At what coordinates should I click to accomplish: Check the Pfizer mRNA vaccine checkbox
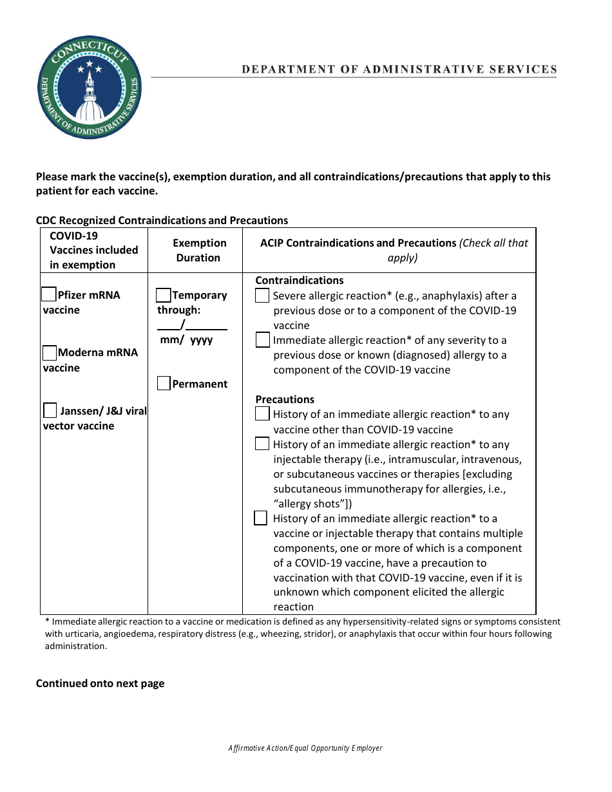point(49,294)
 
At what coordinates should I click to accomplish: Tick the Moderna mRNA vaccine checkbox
point(50,352)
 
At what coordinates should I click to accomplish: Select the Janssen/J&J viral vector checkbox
point(50,410)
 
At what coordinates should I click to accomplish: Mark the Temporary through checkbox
point(164,295)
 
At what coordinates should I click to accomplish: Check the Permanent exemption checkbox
point(164,384)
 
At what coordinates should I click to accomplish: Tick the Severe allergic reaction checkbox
point(262,296)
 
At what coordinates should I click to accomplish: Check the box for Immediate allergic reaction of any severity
point(262,340)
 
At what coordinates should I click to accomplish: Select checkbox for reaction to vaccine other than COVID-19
point(262,414)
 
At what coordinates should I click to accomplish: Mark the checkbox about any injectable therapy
point(262,444)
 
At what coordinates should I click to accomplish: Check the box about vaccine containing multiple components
point(261,518)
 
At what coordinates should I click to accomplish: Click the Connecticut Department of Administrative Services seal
point(90,87)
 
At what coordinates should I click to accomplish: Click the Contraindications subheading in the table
point(300,280)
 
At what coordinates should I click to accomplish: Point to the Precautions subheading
point(285,399)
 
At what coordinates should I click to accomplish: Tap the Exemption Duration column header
point(199,250)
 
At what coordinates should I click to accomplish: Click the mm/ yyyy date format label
point(186,339)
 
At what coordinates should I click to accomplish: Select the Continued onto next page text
point(100,683)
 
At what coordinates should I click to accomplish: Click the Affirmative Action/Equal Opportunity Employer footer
point(305,748)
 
